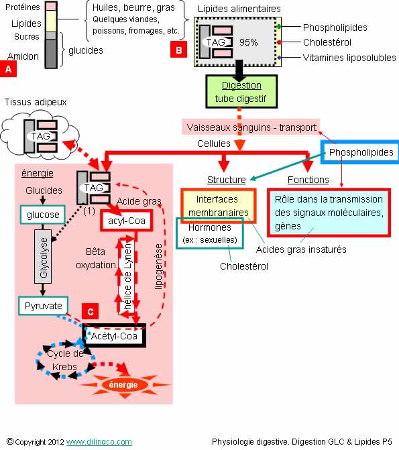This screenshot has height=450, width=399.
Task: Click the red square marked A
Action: pyautogui.click(x=8, y=68)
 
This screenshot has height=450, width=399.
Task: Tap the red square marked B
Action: pyautogui.click(x=178, y=50)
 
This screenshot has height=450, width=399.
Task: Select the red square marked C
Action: pyautogui.click(x=90, y=311)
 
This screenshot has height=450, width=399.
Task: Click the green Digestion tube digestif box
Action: pyautogui.click(x=241, y=92)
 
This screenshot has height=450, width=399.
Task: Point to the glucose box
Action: pyautogui.click(x=43, y=215)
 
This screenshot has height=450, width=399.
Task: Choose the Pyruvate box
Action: pyautogui.click(x=44, y=306)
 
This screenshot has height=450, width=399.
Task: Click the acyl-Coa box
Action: pyautogui.click(x=126, y=221)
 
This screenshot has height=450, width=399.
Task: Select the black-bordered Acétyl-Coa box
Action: pyautogui.click(x=114, y=335)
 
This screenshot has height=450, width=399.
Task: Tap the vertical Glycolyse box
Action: pyautogui.click(x=43, y=256)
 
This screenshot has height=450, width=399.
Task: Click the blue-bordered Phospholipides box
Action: pyautogui.click(x=360, y=152)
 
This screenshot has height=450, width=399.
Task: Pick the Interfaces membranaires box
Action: pyautogui.click(x=219, y=205)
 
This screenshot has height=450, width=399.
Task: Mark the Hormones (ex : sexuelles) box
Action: pyautogui.click(x=210, y=233)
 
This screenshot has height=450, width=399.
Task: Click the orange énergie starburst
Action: pyautogui.click(x=123, y=384)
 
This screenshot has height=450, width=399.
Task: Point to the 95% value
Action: pyautogui.click(x=248, y=42)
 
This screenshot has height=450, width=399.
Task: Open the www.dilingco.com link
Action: pyautogui.click(x=99, y=442)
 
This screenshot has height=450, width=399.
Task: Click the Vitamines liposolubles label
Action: pyautogui.click(x=349, y=58)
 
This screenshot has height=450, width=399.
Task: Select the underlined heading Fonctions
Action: pyautogui.click(x=308, y=180)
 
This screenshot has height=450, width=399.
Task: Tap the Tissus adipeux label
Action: pyautogui.click(x=36, y=102)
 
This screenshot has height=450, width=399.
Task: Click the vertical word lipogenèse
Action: pyautogui.click(x=159, y=267)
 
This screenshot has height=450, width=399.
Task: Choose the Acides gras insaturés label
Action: pyautogui.click(x=301, y=249)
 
